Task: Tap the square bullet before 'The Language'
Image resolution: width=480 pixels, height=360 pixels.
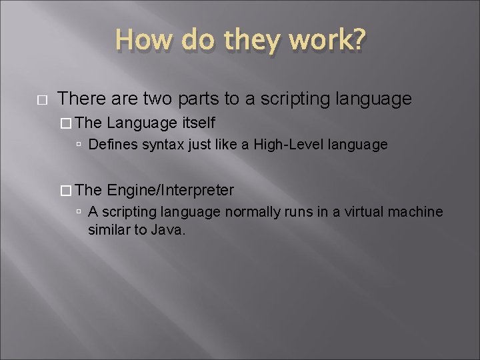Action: point(65,123)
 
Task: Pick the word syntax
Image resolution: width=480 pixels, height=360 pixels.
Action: point(157,144)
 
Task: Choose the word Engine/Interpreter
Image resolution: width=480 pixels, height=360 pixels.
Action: point(170,190)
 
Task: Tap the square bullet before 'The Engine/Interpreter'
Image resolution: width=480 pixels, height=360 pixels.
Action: point(65,191)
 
